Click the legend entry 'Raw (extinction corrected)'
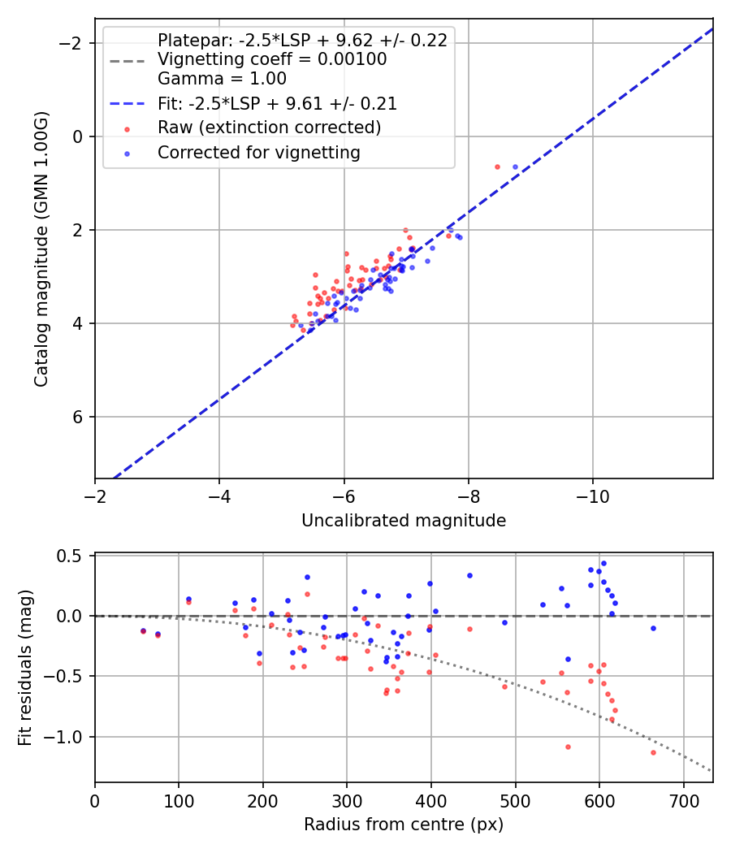[x=269, y=128]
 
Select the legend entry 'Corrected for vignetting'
[x=258, y=152]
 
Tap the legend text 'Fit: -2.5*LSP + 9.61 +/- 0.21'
[x=277, y=104]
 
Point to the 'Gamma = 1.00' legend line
[x=222, y=80]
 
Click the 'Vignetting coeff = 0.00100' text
[x=272, y=59]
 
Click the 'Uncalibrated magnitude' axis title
[x=404, y=521]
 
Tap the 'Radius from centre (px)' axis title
[x=404, y=825]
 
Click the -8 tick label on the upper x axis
[x=469, y=494]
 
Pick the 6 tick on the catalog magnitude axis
[x=79, y=417]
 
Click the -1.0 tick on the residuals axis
[x=69, y=737]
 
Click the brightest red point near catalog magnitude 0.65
[x=497, y=167]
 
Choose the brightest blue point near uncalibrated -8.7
[x=515, y=167]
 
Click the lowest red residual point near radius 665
[x=653, y=752]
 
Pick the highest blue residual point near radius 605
[x=603, y=563]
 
